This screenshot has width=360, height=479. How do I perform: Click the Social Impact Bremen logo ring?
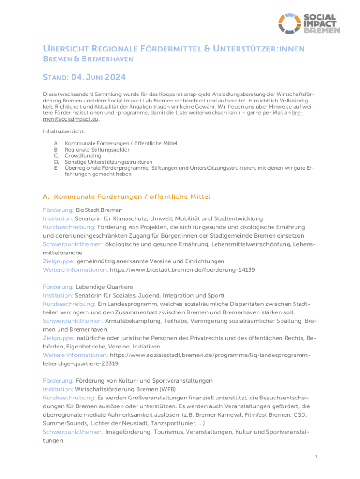point(289,24)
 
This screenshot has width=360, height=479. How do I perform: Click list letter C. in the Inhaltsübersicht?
point(56,155)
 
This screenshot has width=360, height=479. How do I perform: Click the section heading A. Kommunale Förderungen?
point(127,196)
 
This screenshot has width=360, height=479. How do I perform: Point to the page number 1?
point(317,456)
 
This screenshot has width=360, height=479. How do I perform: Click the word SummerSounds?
point(60,423)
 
